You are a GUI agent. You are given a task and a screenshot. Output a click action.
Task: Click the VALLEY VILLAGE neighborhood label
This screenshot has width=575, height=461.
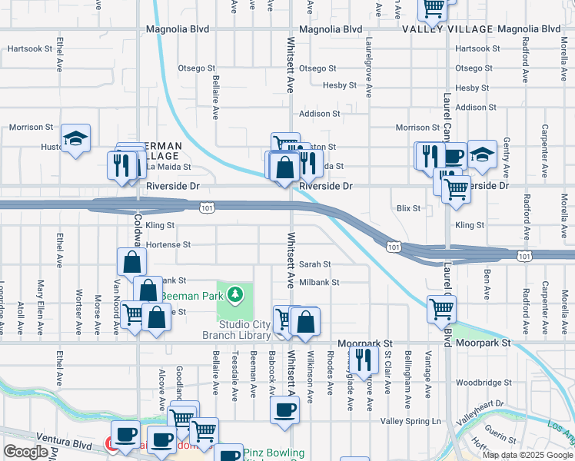[447, 29]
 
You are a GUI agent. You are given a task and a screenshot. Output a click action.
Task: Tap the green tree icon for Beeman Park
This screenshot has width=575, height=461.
[237, 294]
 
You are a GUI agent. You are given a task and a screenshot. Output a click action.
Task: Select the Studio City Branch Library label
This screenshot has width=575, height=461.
[237, 330]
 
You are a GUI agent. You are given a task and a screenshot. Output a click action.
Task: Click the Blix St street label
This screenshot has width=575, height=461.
[408, 208]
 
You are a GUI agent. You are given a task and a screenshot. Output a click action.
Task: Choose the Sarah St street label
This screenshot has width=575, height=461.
[315, 264]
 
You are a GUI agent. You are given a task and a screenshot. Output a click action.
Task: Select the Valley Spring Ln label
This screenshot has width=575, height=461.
[412, 422]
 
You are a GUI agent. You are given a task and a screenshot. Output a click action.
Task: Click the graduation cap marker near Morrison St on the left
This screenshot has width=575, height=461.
[75, 138]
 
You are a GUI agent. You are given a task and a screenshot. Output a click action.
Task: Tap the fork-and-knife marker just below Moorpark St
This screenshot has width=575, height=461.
[364, 358]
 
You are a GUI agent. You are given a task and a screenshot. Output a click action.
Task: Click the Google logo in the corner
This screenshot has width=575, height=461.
[25, 452]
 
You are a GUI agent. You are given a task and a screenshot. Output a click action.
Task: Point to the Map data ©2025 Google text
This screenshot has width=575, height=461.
[527, 455]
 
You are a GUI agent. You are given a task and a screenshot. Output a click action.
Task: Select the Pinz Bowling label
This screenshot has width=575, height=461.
[274, 453]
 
